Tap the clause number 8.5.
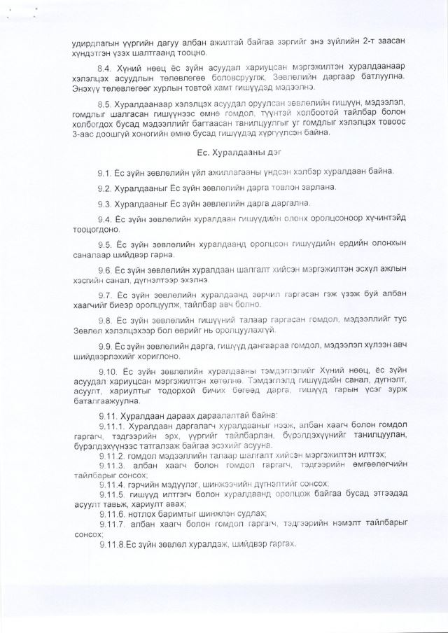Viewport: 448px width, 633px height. coord(106,104)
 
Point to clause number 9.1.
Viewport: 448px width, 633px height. coord(105,172)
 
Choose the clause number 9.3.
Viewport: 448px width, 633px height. coord(105,204)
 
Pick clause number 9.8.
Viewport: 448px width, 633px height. coord(105,321)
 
